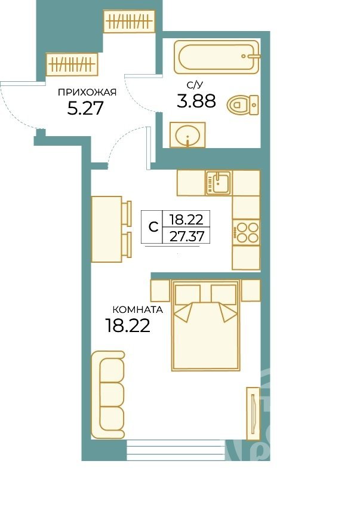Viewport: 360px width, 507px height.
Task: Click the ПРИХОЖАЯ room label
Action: [x=87, y=93]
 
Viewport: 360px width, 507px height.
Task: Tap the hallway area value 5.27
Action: [x=85, y=108]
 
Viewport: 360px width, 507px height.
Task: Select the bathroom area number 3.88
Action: [x=196, y=100]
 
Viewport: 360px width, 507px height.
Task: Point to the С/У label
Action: [x=195, y=85]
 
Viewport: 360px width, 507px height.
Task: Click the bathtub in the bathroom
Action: [x=216, y=57]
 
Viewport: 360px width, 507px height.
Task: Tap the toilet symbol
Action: [x=243, y=105]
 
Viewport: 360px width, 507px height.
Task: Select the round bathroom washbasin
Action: [x=187, y=135]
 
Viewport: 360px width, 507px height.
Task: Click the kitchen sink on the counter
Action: [x=219, y=183]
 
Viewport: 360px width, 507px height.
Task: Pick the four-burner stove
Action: [x=246, y=232]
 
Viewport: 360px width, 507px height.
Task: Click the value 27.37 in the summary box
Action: [x=187, y=236]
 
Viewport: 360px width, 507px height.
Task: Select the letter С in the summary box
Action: [x=153, y=227]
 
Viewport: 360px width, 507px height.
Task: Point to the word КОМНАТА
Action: [x=138, y=310]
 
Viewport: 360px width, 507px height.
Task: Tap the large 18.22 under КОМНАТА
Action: [x=128, y=325]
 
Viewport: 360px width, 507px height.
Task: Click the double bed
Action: [x=206, y=325]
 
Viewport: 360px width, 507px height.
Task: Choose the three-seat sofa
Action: [x=108, y=395]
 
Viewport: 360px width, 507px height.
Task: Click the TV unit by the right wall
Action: [x=253, y=414]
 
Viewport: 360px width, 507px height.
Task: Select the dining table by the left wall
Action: [x=107, y=229]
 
